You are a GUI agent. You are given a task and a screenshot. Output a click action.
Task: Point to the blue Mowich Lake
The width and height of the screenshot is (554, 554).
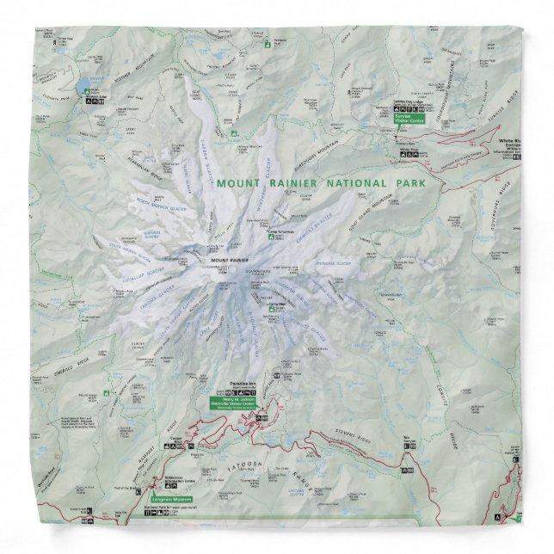[83, 89]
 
